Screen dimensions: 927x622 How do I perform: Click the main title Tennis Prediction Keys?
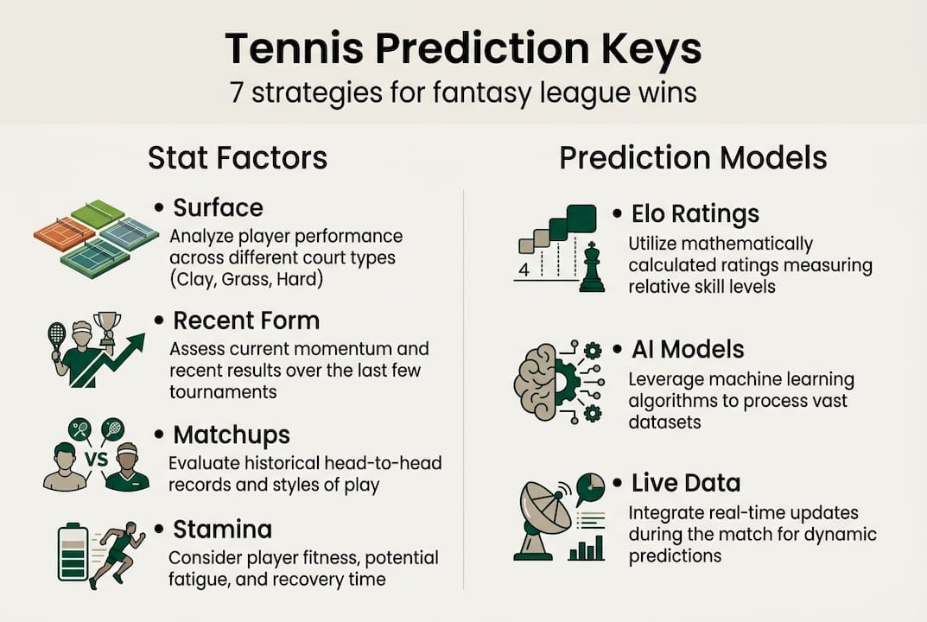[x=463, y=49]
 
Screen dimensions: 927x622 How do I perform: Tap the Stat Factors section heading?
[x=238, y=158]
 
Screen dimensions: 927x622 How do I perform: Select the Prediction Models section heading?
[x=693, y=158]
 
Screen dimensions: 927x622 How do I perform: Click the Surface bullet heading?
[x=218, y=208]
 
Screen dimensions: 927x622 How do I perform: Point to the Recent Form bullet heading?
[x=246, y=321]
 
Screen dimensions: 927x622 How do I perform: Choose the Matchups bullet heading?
[x=232, y=435]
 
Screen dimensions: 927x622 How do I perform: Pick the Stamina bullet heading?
[x=222, y=530]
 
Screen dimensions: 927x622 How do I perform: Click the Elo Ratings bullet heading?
[x=695, y=214]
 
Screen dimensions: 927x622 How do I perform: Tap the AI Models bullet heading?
[x=688, y=349]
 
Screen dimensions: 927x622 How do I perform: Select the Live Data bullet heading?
[x=686, y=483]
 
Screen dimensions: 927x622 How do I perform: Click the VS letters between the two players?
[x=97, y=458]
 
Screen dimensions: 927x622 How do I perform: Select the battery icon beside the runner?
[x=73, y=552]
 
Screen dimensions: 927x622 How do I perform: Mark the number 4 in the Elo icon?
[x=524, y=270]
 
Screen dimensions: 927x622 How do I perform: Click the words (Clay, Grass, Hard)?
[x=246, y=279]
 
